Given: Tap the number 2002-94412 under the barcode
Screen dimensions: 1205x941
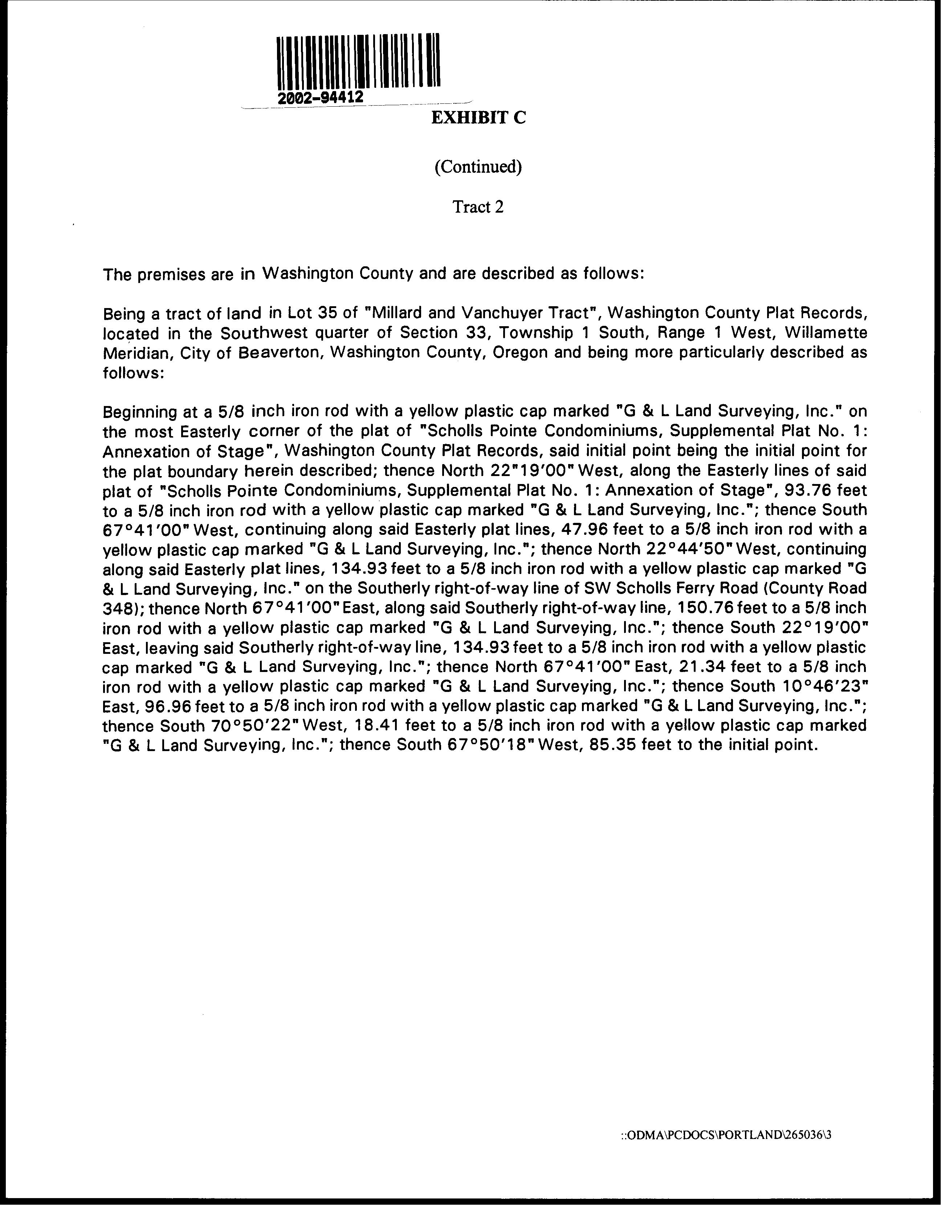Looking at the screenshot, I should click(320, 98).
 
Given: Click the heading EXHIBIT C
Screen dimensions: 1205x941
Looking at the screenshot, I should click(478, 118).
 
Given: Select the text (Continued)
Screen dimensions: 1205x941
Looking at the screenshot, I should click(478, 167).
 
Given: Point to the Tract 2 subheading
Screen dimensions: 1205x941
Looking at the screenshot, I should click(478, 207).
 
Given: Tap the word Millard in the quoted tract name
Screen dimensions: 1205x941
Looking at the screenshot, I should click(394, 313).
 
